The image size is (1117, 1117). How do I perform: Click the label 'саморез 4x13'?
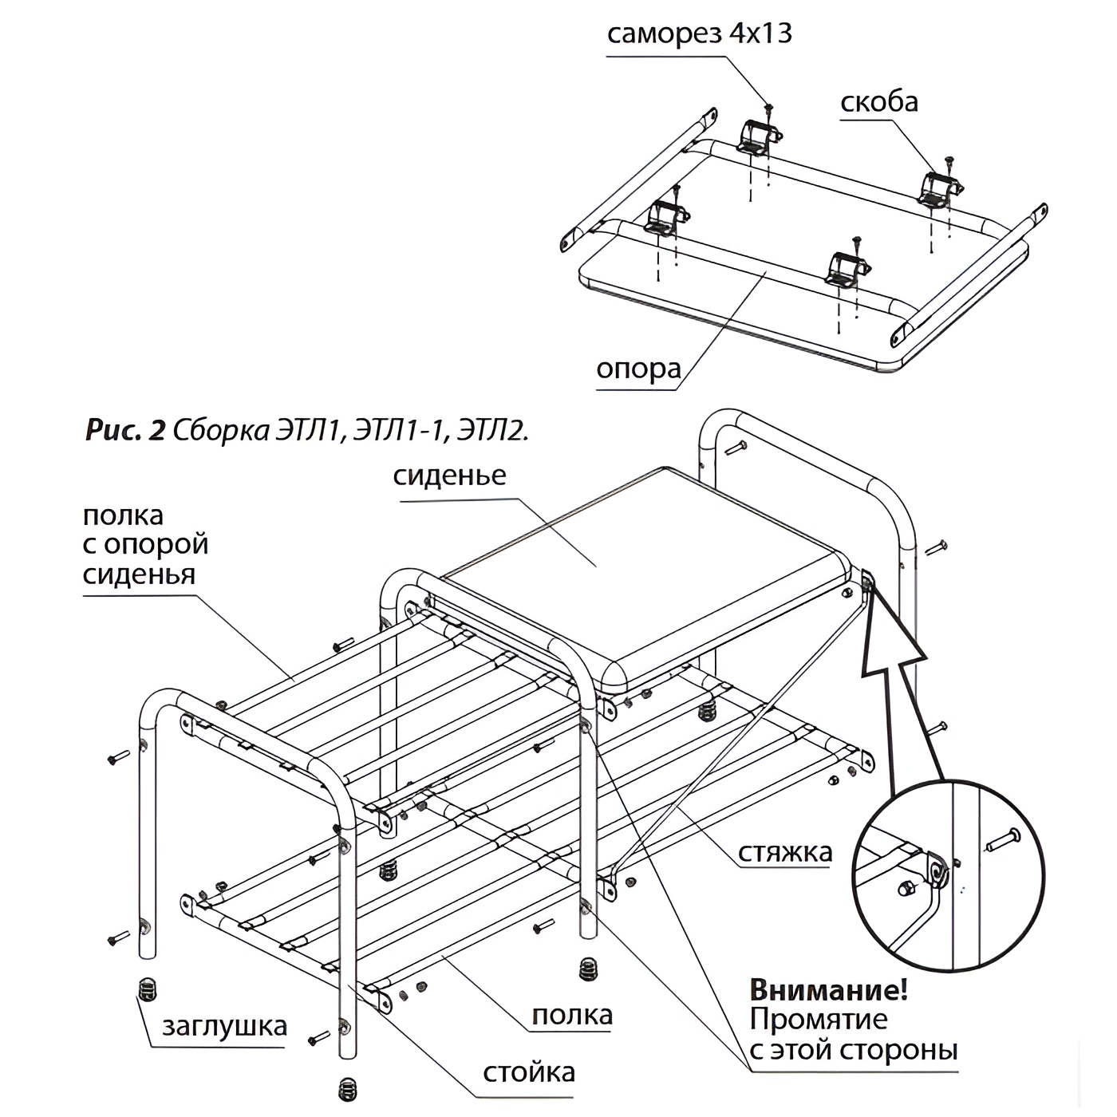point(699,34)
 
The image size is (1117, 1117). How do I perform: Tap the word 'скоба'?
point(878,102)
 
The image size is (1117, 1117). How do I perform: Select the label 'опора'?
point(638,369)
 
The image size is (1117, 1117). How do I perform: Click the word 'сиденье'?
point(449,476)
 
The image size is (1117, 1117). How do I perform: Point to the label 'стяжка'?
point(784,852)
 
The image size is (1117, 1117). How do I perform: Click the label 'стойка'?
point(528,1072)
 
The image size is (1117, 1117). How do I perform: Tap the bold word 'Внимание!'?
point(828,991)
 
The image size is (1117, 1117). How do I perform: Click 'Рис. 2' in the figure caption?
point(124,430)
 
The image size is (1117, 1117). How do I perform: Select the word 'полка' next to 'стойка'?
point(572,1015)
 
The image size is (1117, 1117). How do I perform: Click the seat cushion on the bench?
point(638,558)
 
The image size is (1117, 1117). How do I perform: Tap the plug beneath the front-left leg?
point(147,989)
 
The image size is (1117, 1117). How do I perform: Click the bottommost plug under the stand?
point(346,1088)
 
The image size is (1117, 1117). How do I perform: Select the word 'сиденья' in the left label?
point(139,574)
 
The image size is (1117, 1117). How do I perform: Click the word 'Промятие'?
point(818,1020)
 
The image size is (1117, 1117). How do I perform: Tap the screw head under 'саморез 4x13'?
point(769,107)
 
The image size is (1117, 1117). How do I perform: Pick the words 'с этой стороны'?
point(853,1048)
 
